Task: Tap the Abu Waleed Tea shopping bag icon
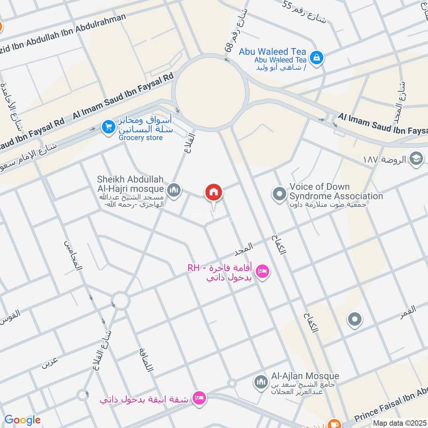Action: pos(317,57)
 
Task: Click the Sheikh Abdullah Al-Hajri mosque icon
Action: pos(174,189)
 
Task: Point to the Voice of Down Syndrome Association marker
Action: pos(278,193)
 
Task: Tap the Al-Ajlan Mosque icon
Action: pos(261,381)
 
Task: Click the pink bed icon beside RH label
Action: pos(263,272)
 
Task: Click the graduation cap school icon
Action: pos(416,158)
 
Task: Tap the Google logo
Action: pos(22,420)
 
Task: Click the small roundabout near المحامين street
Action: pos(121,300)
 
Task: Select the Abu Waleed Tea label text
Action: pos(280,51)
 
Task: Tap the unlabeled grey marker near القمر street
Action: pos(354,320)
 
